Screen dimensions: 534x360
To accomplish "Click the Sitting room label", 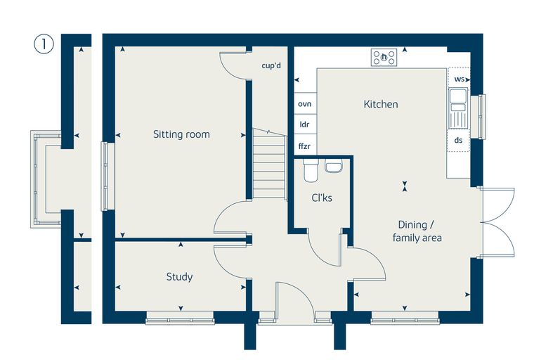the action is point(181,134).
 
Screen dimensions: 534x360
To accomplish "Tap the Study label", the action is point(179,276).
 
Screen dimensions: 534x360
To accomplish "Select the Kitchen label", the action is point(381,104).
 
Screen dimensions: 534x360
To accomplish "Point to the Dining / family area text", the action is point(417,231).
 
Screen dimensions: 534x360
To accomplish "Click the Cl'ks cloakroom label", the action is point(322,198).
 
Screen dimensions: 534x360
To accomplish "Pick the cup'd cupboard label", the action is point(271,65).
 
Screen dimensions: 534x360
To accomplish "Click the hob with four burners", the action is point(384,57).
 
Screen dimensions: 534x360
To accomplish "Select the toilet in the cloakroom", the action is point(311,169).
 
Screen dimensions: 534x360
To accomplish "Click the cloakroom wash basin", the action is point(333,166).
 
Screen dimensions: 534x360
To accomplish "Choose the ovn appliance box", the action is point(305,103).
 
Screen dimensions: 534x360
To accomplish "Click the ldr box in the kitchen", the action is point(305,124).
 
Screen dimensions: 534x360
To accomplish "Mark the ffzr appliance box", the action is point(305,146).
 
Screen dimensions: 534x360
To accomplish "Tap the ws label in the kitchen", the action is point(459,79).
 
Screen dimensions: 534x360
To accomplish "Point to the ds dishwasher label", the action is point(458,140).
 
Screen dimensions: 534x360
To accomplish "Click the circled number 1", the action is point(44,44).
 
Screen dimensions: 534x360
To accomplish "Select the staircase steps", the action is point(269,164).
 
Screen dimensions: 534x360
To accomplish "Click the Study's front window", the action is point(180,320).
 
